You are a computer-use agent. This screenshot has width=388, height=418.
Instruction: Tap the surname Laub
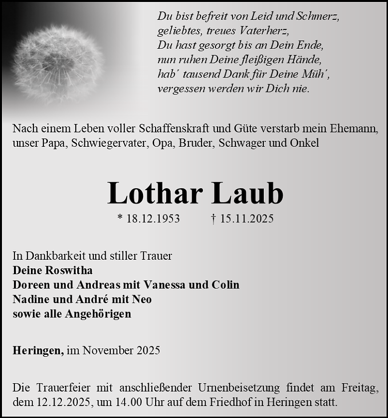(x=247, y=193)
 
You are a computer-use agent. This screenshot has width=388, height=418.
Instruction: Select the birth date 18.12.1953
(x=153, y=218)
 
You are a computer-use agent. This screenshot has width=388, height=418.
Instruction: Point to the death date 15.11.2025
(x=246, y=218)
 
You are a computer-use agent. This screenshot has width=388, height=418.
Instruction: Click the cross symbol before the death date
(x=213, y=218)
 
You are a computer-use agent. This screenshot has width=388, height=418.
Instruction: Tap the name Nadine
(x=29, y=299)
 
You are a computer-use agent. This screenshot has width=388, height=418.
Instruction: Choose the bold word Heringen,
(x=38, y=350)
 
